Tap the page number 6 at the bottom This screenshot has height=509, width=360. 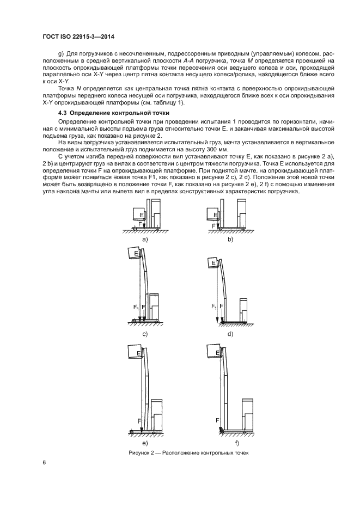click(44, 463)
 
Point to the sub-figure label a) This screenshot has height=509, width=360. click(145, 240)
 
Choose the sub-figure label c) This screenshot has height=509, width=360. click(145, 333)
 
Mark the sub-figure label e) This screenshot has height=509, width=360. click(145, 444)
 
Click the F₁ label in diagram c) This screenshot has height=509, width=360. click(136, 308)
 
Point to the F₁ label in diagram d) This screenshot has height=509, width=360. click(213, 308)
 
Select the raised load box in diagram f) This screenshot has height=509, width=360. click(213, 353)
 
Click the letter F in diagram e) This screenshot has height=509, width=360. click(139, 421)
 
